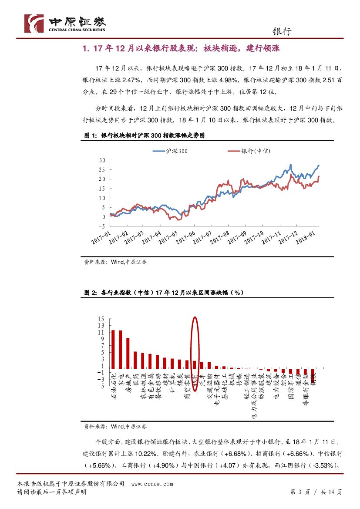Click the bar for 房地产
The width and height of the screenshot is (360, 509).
[128, 354]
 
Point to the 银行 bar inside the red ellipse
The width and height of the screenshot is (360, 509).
[195, 365]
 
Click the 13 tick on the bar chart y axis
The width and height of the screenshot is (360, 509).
[101, 325]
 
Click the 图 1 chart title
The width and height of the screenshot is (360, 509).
[144, 135]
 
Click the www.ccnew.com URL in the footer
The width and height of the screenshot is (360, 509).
[152, 484]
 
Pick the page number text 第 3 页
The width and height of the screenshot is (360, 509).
[299, 492]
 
